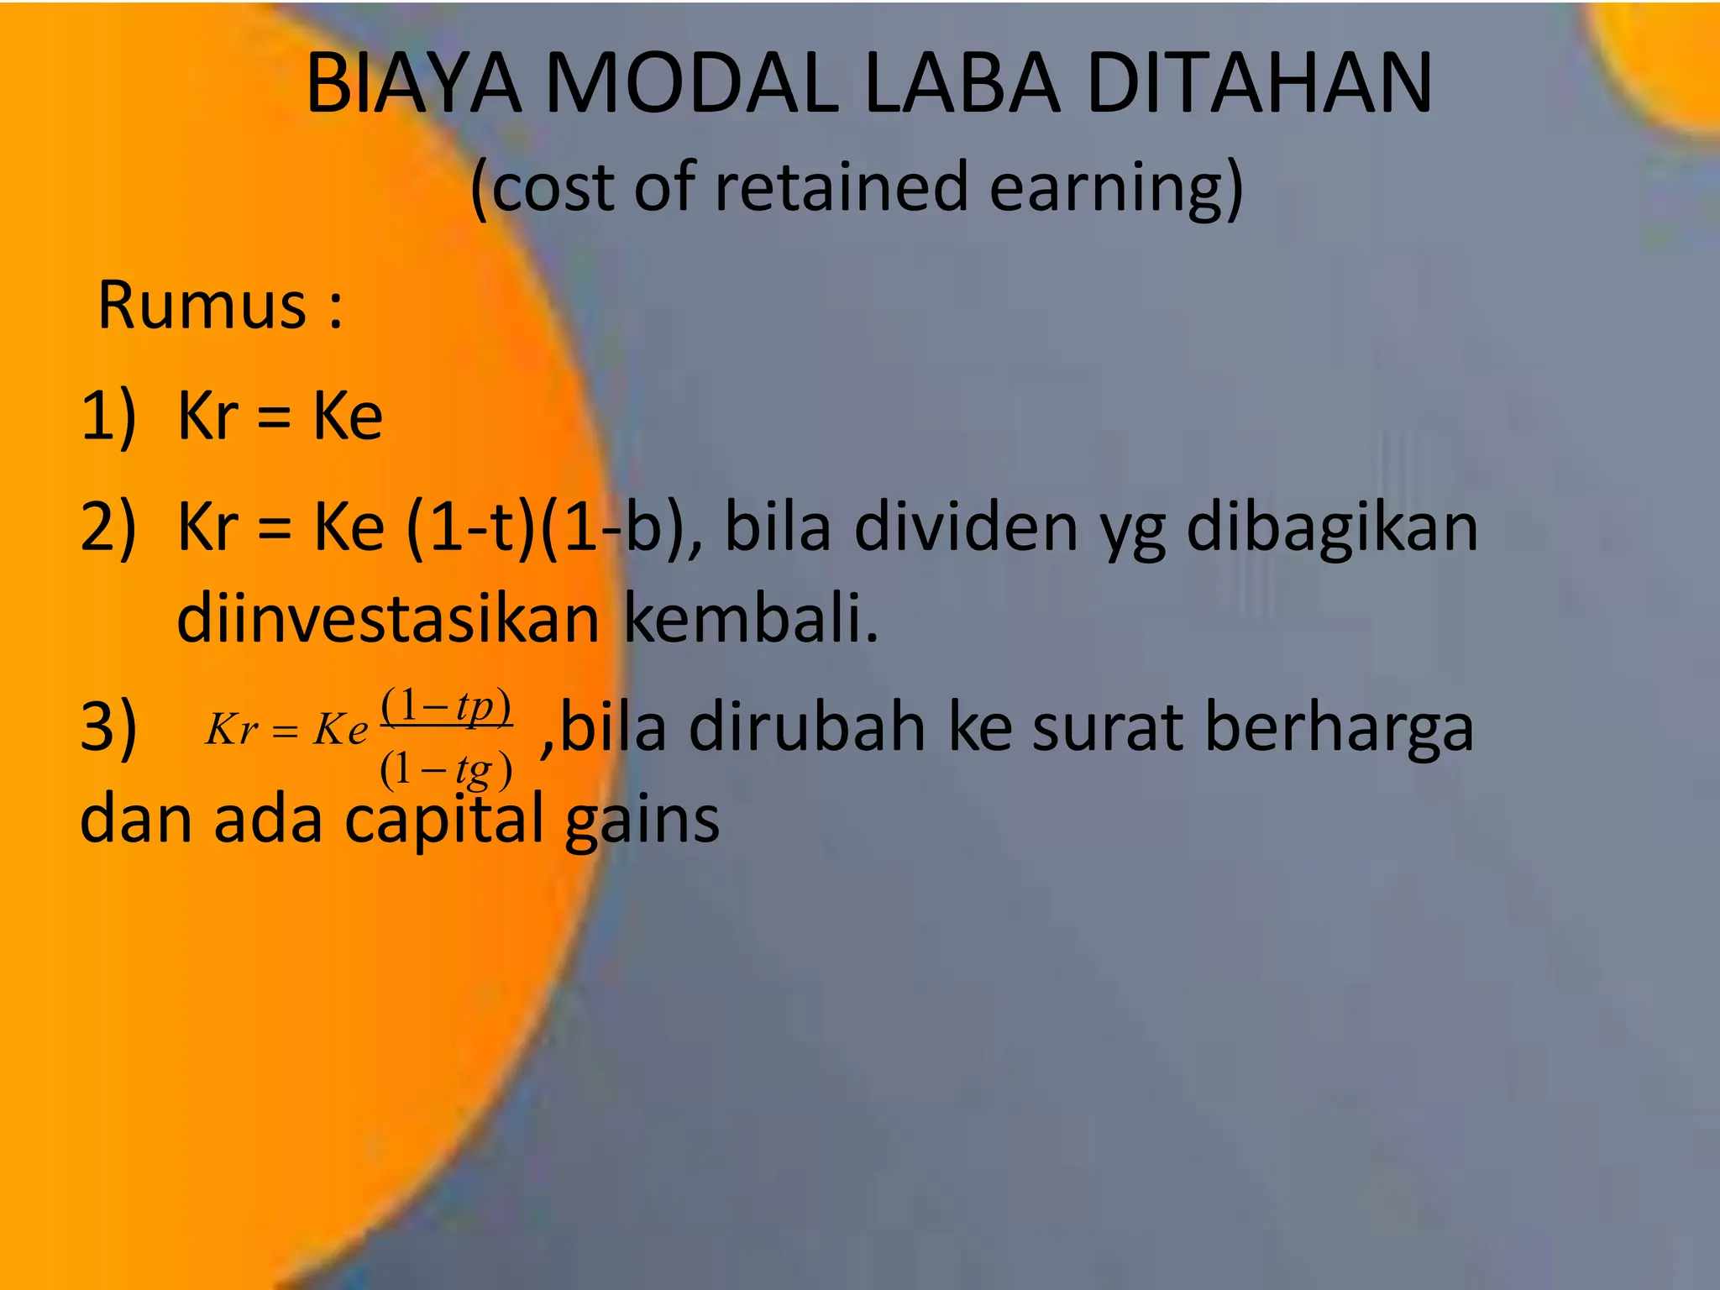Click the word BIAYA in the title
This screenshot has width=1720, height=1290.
412,84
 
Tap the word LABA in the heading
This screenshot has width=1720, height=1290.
962,84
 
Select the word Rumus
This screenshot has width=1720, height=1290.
202,304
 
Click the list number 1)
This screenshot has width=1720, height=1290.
107,417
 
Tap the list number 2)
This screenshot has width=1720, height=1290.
107,527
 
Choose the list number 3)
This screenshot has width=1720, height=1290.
107,727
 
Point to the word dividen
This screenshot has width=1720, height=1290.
966,527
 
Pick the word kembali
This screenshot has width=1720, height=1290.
751,619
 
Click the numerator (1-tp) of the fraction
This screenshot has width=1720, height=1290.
446,706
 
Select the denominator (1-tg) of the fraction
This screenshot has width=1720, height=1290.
446,768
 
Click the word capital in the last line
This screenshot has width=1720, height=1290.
444,820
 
